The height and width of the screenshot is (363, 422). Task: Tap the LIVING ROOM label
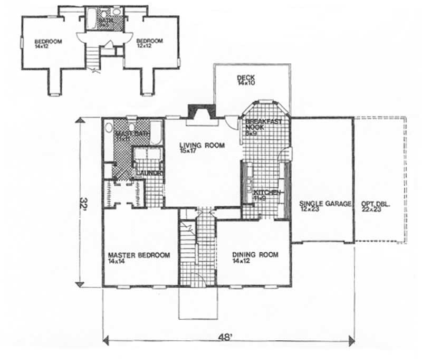click(202, 146)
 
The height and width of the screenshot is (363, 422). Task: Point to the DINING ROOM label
click(255, 255)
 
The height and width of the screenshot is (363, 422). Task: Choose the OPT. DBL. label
click(376, 204)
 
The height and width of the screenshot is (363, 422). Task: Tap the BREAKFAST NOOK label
click(263, 125)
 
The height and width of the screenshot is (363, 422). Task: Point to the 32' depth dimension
click(83, 203)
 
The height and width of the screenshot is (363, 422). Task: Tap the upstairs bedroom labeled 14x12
click(49, 42)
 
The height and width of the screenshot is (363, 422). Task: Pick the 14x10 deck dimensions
click(246, 83)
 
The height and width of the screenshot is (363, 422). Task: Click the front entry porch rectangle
click(197, 303)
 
